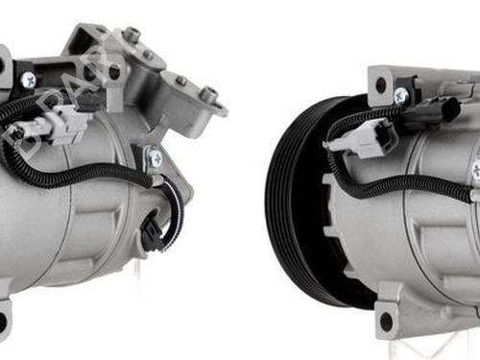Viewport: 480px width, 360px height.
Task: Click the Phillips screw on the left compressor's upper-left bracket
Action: [28, 80]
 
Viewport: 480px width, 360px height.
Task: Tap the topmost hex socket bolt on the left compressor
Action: [131, 35]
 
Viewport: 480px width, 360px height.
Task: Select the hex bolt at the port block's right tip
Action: [208, 94]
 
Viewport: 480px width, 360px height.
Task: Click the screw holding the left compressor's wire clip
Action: [154, 156]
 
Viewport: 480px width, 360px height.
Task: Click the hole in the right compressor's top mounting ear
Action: [381, 84]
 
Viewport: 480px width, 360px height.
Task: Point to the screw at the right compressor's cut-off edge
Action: [475, 171]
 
